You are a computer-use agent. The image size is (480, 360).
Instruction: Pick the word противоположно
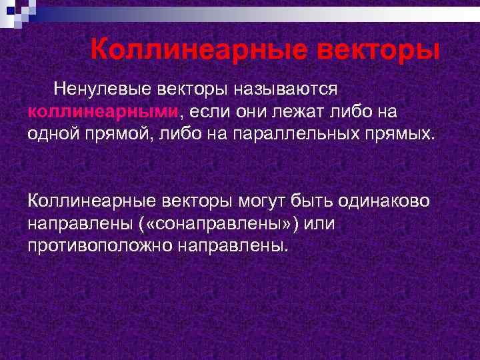click(x=99, y=245)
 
